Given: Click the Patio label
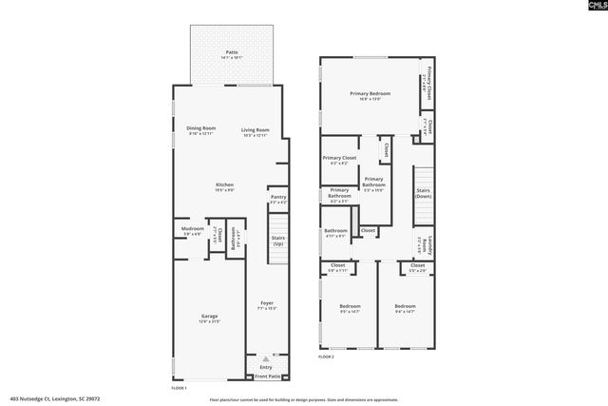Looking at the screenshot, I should (x=232, y=52).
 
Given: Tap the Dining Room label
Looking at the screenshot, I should (x=201, y=129).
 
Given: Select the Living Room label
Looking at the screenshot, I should (x=255, y=129).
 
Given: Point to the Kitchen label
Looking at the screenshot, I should (x=225, y=185).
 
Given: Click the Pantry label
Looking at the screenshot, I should (x=278, y=198).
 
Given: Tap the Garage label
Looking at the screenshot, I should (x=209, y=317).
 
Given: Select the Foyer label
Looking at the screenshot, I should (x=268, y=304).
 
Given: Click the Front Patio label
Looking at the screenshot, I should (x=267, y=377).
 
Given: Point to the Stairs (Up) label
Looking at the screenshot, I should (x=278, y=241).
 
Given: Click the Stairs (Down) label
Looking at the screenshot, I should (x=424, y=193).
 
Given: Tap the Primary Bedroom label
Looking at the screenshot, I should (x=370, y=93).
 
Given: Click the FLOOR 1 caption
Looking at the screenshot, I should (x=179, y=388).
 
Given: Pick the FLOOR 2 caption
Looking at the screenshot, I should (x=326, y=357).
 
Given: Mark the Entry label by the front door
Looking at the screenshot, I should (x=266, y=367).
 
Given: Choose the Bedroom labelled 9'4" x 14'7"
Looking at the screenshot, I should (x=406, y=308).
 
